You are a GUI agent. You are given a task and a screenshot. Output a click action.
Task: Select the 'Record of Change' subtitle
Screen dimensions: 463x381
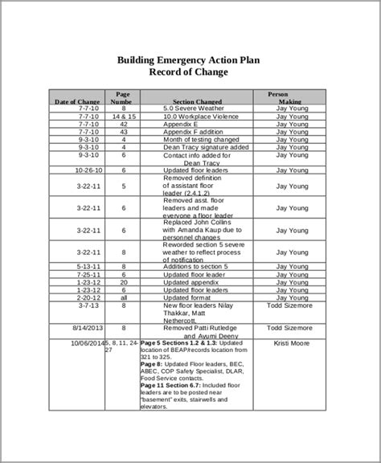tap(189, 72)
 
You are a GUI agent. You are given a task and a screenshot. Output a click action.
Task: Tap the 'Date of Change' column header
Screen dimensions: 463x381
tap(77, 102)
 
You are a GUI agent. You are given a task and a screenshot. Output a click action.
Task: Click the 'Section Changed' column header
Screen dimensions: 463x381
tap(197, 102)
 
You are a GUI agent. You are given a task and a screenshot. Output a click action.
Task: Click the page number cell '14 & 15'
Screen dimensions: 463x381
tap(124, 117)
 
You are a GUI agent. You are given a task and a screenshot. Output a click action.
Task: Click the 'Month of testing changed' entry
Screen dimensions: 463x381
tap(197, 140)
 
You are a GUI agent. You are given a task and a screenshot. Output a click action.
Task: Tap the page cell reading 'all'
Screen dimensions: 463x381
tap(124, 297)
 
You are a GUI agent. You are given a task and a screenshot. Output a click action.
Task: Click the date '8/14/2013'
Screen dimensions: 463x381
tap(88, 329)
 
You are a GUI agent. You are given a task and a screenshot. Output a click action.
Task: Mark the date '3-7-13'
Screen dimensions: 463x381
tap(88, 305)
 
